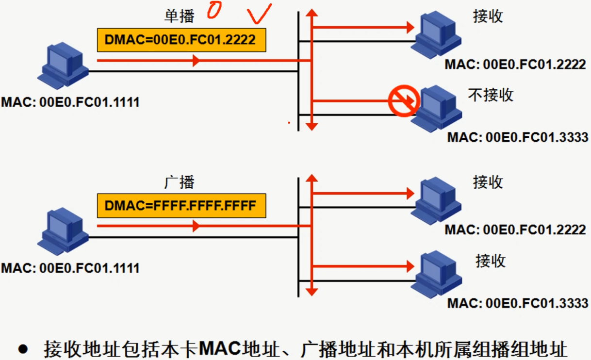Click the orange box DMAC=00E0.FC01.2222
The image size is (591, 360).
pos(181,40)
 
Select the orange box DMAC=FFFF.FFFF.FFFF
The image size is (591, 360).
pos(181,205)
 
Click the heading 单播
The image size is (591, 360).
pos(179,16)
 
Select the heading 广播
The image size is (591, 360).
pos(179,182)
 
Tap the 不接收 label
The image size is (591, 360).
pos(491,94)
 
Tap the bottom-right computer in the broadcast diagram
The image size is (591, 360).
pos(435,274)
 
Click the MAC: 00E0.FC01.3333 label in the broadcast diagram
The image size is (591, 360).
pos(517,304)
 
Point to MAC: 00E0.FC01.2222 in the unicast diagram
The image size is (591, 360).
pos(515,65)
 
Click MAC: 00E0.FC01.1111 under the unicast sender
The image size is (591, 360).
pos(70,102)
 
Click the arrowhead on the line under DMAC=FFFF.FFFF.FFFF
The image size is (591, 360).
pos(197,226)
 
